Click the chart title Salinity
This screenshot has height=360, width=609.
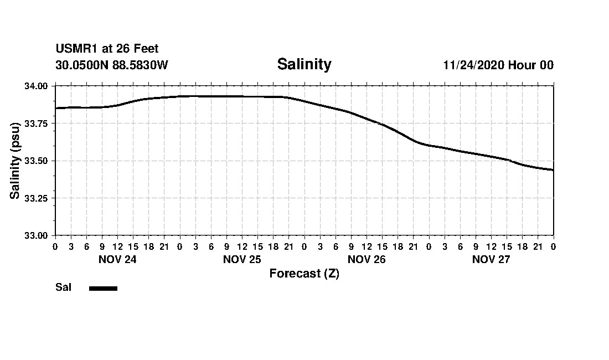pos(304,64)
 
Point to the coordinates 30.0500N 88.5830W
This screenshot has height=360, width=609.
pos(111,65)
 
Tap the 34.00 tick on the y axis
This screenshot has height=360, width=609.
pos(37,86)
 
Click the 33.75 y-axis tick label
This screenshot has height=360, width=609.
pos(37,124)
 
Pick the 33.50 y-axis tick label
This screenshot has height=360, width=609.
pos(37,161)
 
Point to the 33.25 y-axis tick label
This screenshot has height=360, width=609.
pos(37,198)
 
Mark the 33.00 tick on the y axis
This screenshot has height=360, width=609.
pos(37,235)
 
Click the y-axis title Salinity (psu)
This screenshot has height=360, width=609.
pos(16,161)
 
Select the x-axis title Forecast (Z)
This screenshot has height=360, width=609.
pos(304,274)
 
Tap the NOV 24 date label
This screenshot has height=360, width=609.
pos(117,259)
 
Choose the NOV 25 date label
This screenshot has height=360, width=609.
pos(242,259)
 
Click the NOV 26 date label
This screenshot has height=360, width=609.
pos(367,259)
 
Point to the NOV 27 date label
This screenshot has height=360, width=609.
pos(491,259)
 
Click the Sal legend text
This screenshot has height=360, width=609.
pos(63,287)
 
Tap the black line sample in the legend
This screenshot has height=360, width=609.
pos(103,288)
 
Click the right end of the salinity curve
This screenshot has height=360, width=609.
pos(553,170)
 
